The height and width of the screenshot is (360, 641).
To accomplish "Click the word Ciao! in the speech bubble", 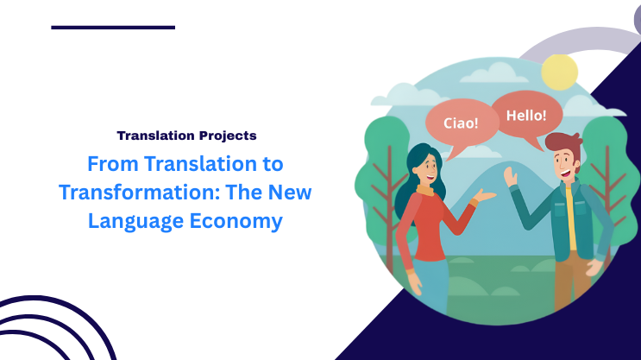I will pyautogui.click(x=460, y=123).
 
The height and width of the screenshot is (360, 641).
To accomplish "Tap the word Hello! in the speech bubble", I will pyautogui.click(x=526, y=114).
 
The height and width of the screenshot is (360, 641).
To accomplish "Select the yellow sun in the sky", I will pyautogui.click(x=559, y=73).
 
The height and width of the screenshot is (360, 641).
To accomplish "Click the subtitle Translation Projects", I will pyautogui.click(x=186, y=136).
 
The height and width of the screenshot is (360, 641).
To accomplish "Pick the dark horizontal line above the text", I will pyautogui.click(x=113, y=28).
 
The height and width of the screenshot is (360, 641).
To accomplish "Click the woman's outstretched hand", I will pyautogui.click(x=485, y=197).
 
